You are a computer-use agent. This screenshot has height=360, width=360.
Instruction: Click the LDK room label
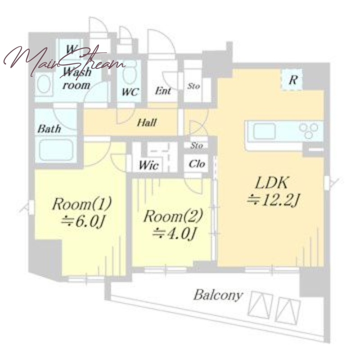pos(271,183)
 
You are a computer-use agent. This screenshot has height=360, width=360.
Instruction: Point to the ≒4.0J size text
pos(174,234)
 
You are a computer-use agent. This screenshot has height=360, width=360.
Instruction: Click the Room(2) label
pos(173,216)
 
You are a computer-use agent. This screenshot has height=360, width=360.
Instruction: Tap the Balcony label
pos(218,295)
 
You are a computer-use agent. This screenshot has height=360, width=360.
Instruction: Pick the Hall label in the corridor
pos(147,122)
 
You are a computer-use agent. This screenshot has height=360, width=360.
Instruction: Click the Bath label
pos(49,129)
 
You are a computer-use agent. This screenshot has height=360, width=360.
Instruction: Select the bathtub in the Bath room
pos(56,150)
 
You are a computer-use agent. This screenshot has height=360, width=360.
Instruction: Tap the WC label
pos(130,92)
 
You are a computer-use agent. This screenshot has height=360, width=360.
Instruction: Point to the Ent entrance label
pos(163,91)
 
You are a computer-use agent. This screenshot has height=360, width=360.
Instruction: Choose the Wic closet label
pos(148,165)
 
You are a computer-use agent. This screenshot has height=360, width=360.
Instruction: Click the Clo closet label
pos(197,164)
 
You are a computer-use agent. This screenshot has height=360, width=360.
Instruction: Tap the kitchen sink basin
pos(264,131)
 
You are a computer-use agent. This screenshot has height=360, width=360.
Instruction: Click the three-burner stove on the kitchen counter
pos(309,130)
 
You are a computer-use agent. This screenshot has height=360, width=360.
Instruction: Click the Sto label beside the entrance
pos(193,86)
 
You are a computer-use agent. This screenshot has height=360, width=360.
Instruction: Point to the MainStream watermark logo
pos(64,61)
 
